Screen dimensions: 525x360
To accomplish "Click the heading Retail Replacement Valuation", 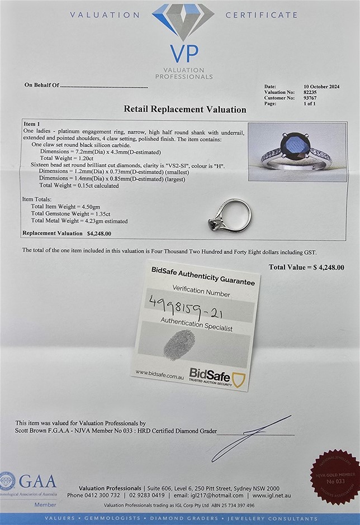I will click(x=184, y=109).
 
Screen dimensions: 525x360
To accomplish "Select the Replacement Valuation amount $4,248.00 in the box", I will click(x=99, y=233).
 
